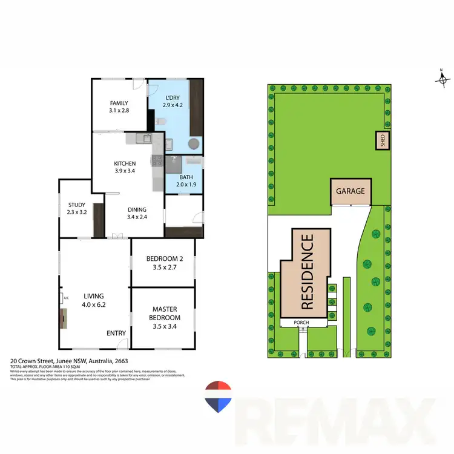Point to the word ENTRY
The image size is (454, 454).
pyautogui.click(x=116, y=334)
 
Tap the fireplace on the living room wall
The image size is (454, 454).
pyautogui.click(x=63, y=318)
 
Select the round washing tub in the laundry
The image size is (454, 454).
pyautogui.click(x=193, y=144)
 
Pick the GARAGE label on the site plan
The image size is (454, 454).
pyautogui.click(x=350, y=191)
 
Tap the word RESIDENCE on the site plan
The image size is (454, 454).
pyautogui.click(x=306, y=272)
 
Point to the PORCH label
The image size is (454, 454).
pyautogui.click(x=301, y=323)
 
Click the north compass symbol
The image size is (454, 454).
pyautogui.click(x=442, y=79)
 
